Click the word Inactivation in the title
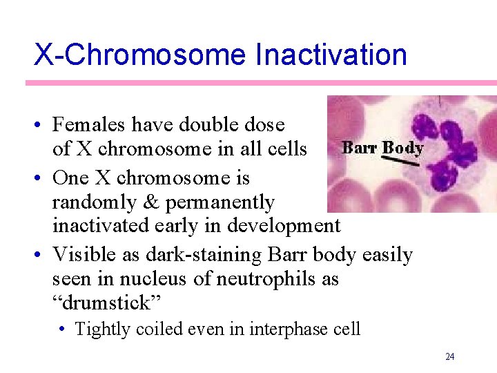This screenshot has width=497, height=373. click(x=331, y=55)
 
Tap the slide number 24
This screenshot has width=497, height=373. click(x=449, y=356)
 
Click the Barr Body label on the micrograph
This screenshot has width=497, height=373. click(x=383, y=148)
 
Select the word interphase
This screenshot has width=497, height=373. click(x=283, y=329)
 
